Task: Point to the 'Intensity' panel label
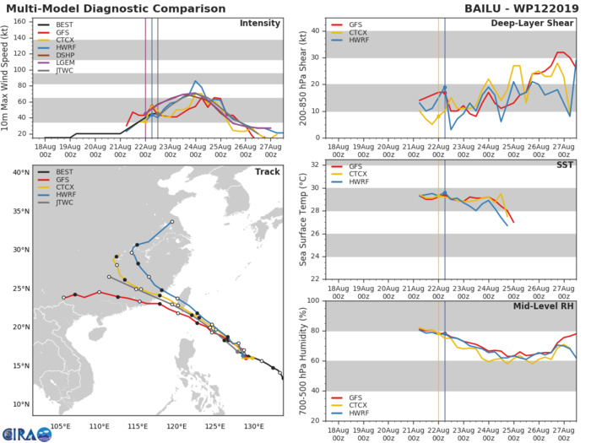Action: [x=261, y=23]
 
